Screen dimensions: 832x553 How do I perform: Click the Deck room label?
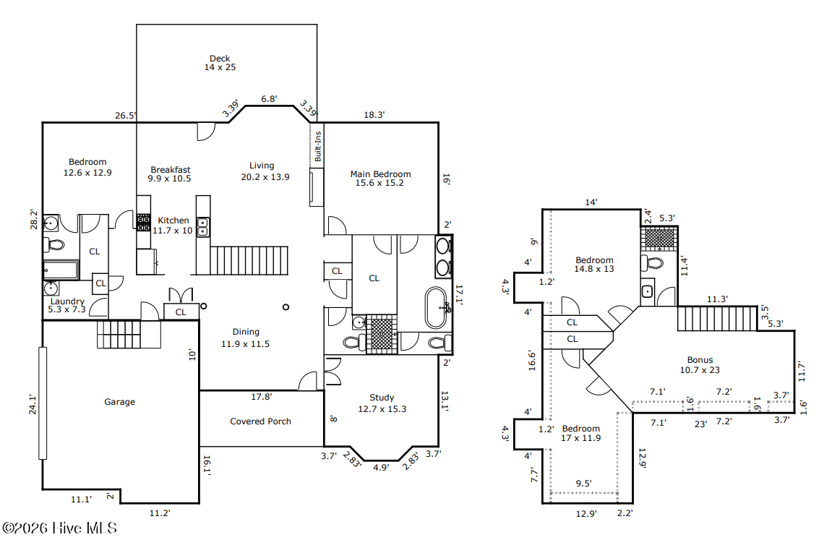(x=220, y=63)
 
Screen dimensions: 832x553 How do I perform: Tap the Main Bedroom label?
(x=380, y=179)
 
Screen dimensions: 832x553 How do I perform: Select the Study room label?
(x=382, y=403)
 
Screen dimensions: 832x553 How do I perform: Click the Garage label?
(x=119, y=402)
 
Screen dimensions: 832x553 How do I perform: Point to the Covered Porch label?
(x=260, y=421)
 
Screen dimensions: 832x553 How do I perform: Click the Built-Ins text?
(x=318, y=147)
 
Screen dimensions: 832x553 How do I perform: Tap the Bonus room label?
(x=700, y=365)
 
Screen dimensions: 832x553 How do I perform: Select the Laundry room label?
(x=67, y=305)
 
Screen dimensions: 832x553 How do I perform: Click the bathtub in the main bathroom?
(x=437, y=308)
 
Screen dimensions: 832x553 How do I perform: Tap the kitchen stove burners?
(x=143, y=223)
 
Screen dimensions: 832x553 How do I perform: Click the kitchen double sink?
(x=202, y=226)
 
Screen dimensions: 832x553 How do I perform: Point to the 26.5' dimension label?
(x=126, y=116)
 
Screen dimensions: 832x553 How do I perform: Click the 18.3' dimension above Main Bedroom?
(x=374, y=115)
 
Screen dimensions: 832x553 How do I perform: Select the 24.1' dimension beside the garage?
(x=33, y=404)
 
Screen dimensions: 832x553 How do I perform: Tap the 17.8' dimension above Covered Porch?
(x=261, y=397)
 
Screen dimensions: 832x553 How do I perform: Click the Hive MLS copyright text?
(x=59, y=528)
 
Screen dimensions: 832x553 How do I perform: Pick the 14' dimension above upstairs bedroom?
(x=591, y=202)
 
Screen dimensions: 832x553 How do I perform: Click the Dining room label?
(x=246, y=338)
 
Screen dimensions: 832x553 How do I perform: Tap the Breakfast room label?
(x=170, y=174)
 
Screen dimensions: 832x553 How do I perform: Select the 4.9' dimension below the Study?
(x=381, y=468)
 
